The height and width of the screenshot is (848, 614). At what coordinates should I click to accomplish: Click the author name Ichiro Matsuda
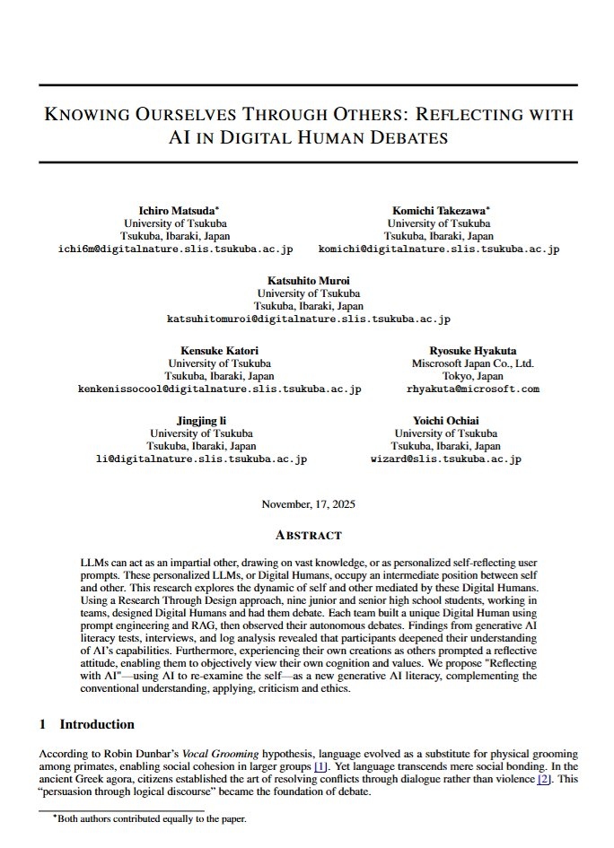(174, 209)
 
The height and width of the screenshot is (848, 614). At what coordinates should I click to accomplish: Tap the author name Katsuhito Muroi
(308, 280)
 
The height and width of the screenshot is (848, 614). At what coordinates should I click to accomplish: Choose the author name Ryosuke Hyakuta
(473, 350)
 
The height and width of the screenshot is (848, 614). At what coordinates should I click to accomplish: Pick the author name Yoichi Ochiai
(446, 420)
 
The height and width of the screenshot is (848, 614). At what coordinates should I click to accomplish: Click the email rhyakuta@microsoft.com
(473, 389)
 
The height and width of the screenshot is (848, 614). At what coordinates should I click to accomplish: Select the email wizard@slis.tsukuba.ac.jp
(446, 459)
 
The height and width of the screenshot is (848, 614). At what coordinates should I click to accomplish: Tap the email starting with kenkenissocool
(219, 389)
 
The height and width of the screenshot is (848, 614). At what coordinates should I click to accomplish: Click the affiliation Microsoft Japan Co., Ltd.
(473, 363)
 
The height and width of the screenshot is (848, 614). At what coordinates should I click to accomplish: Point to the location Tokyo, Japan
(473, 376)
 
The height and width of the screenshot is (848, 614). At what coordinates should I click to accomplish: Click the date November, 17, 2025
(308, 504)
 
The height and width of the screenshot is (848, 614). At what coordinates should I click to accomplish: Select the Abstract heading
(308, 536)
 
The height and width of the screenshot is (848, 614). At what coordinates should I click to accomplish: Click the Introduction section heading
(97, 724)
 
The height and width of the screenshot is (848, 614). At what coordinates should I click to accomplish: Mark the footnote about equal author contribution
(152, 818)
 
